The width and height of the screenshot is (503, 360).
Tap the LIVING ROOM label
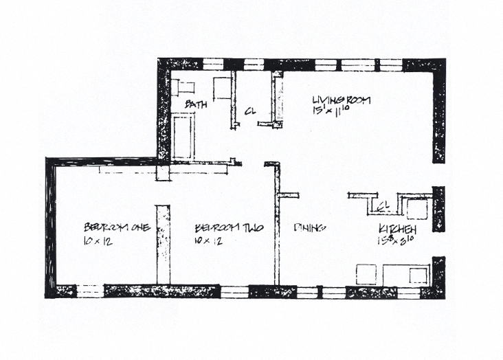[x=342, y=100]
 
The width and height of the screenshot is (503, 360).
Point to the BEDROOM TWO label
[x=225, y=227]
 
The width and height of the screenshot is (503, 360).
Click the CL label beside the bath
[x=251, y=111]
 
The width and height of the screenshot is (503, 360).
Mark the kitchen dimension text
[x=394, y=240]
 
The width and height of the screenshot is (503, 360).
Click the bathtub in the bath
[x=183, y=136]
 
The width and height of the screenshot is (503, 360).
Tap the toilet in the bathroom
[x=184, y=87]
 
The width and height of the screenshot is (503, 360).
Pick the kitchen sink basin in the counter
[x=416, y=275]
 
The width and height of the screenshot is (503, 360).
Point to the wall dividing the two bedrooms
[x=163, y=244]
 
